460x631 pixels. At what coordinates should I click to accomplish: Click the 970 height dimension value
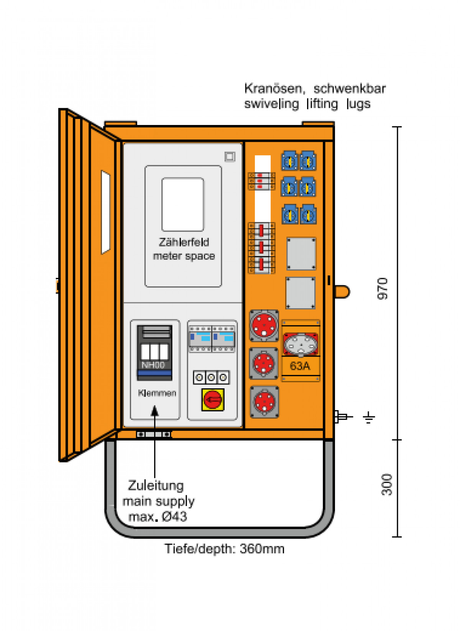tap(383, 288)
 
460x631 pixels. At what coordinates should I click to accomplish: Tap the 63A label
tap(300, 366)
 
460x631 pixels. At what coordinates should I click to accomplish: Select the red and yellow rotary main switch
tap(213, 400)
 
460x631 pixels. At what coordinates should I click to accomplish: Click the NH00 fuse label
tap(153, 365)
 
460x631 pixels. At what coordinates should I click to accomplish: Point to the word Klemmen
tap(157, 393)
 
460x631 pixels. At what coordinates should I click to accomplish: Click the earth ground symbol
tap(369, 417)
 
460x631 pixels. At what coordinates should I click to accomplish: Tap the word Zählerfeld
tap(184, 242)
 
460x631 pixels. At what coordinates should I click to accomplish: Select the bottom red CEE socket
tap(264, 401)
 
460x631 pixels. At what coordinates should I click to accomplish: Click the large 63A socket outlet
tap(301, 343)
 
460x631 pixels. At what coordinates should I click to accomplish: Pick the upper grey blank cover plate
tap(301, 253)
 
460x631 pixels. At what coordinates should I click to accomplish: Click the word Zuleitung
tap(156, 485)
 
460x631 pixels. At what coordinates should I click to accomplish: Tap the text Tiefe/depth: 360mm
tap(225, 549)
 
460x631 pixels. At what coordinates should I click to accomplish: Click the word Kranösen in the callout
tap(273, 89)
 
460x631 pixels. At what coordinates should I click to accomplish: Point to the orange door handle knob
tap(342, 291)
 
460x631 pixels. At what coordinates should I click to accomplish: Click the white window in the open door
tap(105, 212)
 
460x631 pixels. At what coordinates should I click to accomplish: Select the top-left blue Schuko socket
tap(290, 161)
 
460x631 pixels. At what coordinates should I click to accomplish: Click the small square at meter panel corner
tap(230, 156)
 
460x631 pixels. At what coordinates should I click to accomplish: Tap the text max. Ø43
tap(158, 517)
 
